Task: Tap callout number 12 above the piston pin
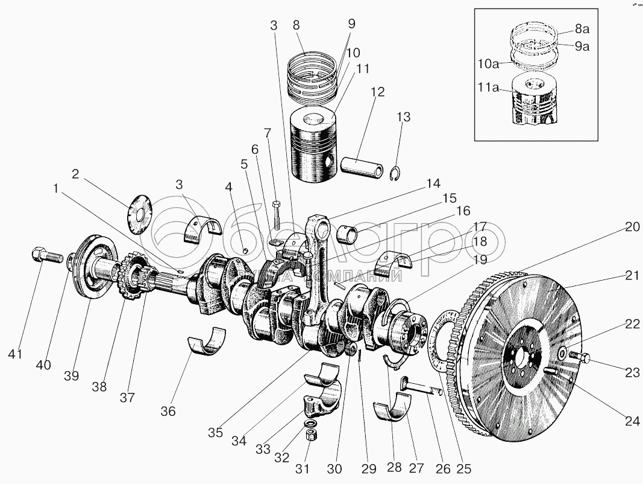[377, 92]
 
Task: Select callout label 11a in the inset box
[489, 88]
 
